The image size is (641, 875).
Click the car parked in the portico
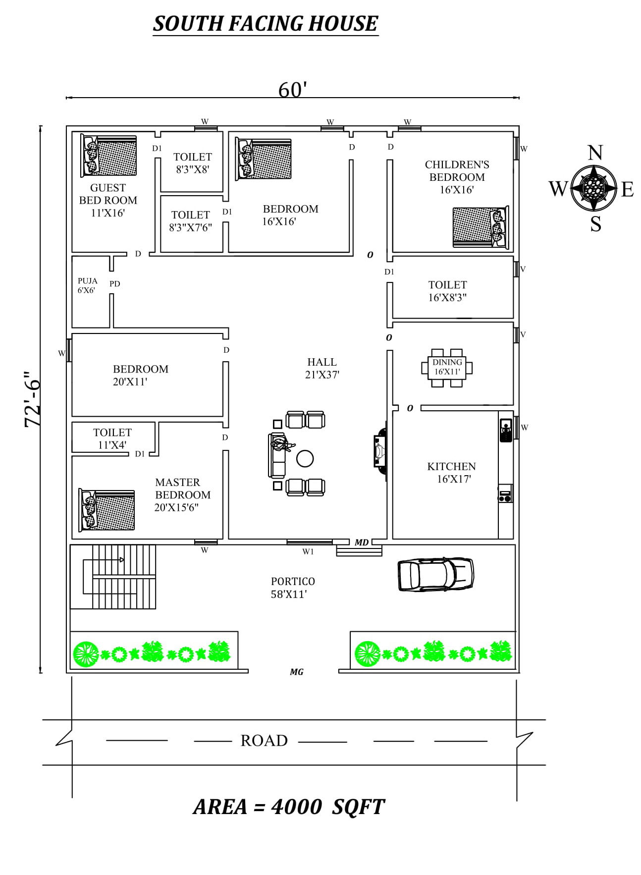(x=435, y=574)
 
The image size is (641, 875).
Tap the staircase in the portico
(x=113, y=577)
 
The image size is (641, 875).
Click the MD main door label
(x=362, y=543)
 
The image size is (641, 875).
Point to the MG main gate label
(x=297, y=672)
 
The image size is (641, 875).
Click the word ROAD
(x=264, y=741)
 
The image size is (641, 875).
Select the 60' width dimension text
(x=293, y=90)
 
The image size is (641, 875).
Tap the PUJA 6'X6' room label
(x=87, y=285)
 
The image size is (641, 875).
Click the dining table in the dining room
(x=447, y=368)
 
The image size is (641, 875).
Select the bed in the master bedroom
(x=107, y=510)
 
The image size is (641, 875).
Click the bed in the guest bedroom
(x=108, y=156)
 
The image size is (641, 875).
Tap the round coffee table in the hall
(x=305, y=458)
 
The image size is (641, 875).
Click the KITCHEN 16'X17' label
(x=452, y=473)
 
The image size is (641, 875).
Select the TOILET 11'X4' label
(x=112, y=438)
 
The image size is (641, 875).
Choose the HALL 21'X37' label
(x=322, y=368)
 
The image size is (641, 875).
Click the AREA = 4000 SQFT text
(x=289, y=807)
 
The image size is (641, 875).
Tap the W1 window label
(x=308, y=551)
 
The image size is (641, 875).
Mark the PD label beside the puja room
(x=115, y=284)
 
